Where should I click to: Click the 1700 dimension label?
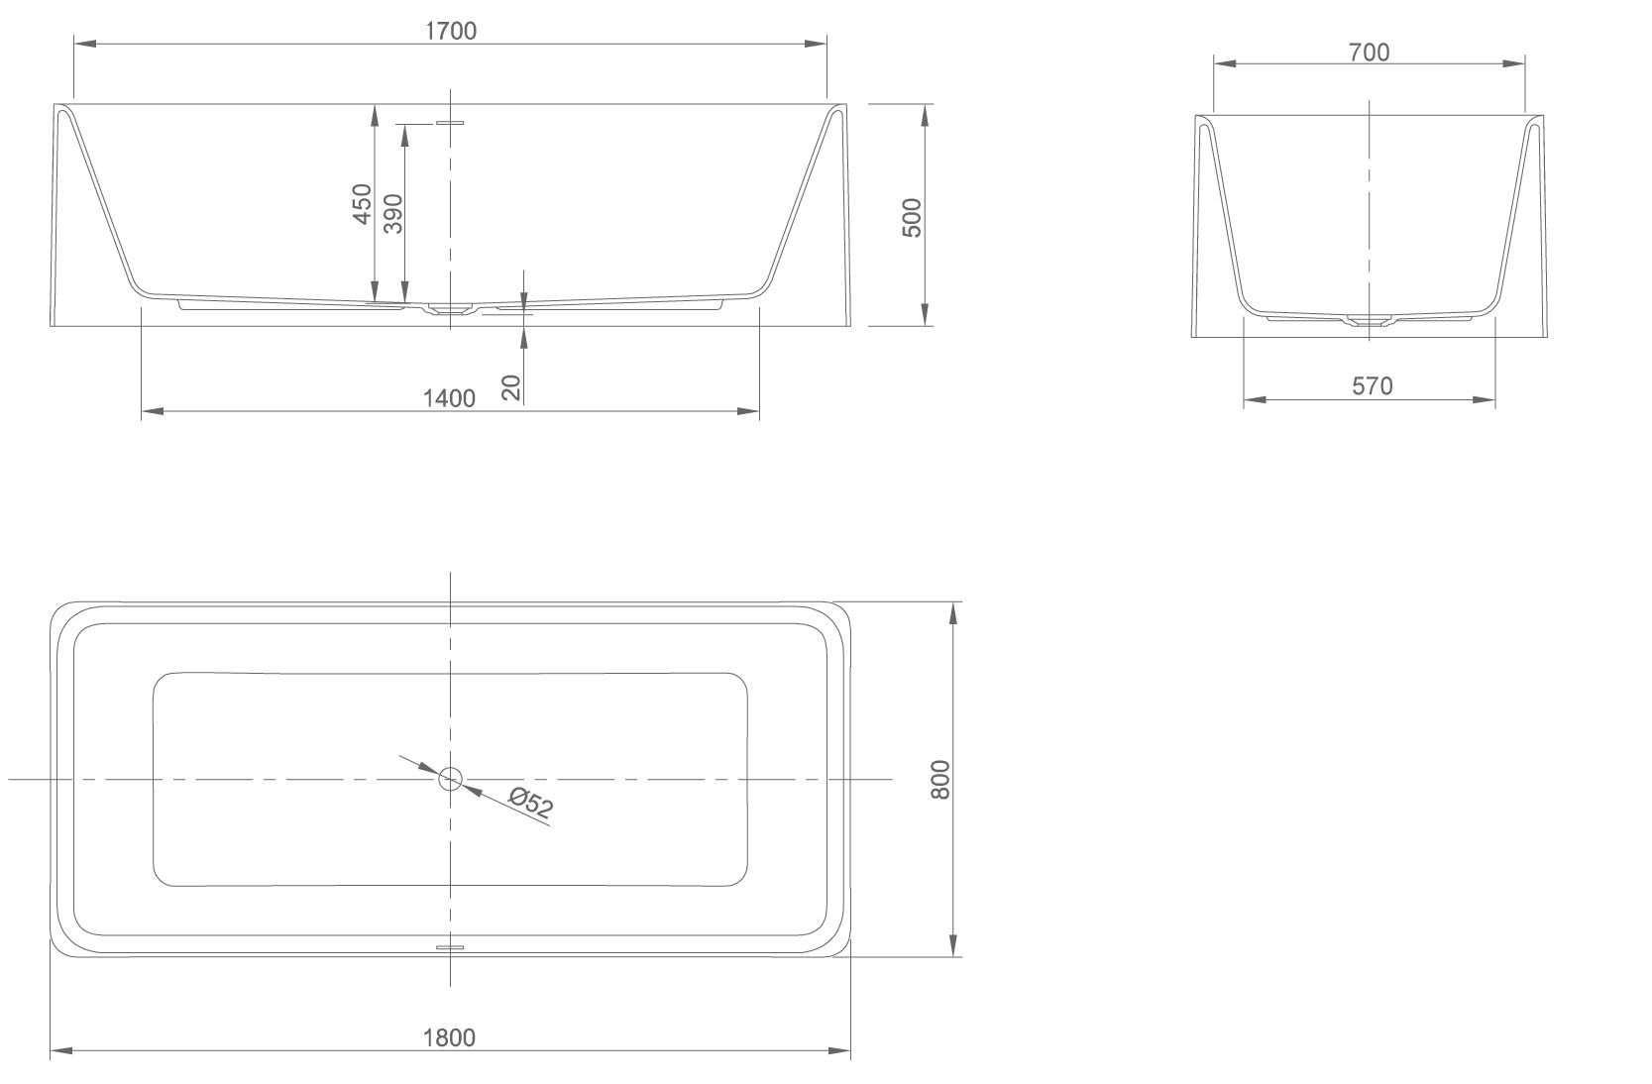pyautogui.click(x=451, y=31)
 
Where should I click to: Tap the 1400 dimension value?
pyautogui.click(x=449, y=398)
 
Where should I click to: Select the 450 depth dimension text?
pyautogui.click(x=362, y=203)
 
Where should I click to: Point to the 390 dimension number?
pyautogui.click(x=393, y=214)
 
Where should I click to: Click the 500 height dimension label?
pyautogui.click(x=913, y=218)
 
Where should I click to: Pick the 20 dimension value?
pyautogui.click(x=511, y=387)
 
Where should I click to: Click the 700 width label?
pyautogui.click(x=1369, y=53)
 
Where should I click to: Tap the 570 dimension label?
pyautogui.click(x=1373, y=385)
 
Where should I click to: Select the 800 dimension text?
pyautogui.click(x=940, y=780)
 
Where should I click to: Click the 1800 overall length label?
pyautogui.click(x=449, y=1037)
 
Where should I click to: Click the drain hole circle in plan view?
pyautogui.click(x=451, y=779)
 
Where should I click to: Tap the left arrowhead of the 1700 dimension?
pyautogui.click(x=85, y=45)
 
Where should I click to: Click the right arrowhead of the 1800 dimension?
pyautogui.click(x=839, y=1051)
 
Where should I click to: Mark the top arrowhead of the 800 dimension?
pyautogui.click(x=953, y=613)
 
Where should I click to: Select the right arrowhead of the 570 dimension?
pyautogui.click(x=1484, y=399)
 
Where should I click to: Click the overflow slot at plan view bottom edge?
pyautogui.click(x=450, y=947)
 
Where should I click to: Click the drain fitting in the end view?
pyautogui.click(x=1369, y=321)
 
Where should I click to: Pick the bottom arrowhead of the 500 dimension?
pyautogui.click(x=925, y=314)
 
